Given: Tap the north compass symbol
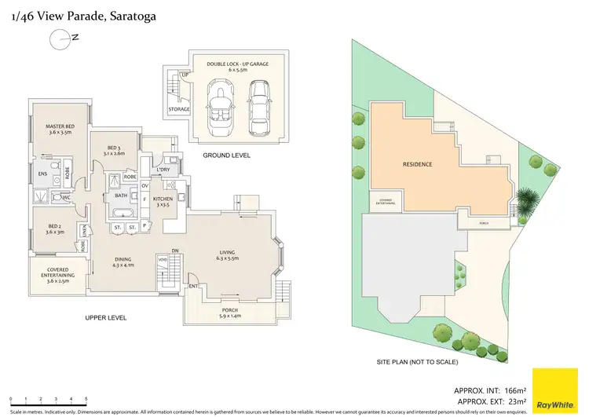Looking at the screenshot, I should (x=60, y=36).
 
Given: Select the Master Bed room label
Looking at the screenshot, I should (x=60, y=130).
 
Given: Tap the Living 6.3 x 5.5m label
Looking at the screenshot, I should (x=233, y=255).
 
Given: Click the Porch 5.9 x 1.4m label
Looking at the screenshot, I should (x=230, y=313).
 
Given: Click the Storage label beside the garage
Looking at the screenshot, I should (x=179, y=109).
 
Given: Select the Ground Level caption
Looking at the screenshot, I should (x=226, y=155).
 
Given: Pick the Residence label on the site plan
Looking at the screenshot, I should (x=417, y=164).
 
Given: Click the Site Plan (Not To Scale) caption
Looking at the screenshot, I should (x=417, y=362).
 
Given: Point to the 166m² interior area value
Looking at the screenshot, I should (x=514, y=390).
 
